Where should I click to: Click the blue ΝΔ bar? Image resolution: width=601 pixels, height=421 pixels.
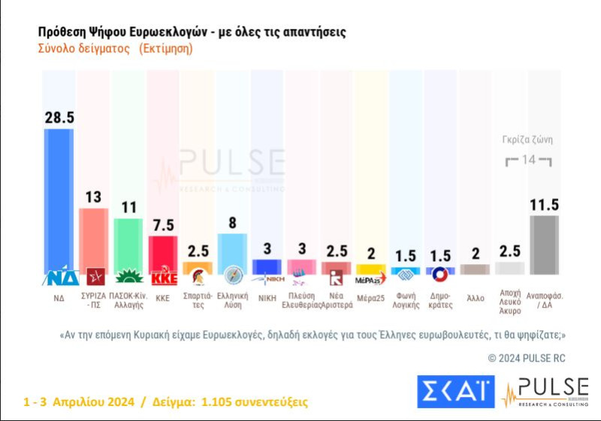point(59,199)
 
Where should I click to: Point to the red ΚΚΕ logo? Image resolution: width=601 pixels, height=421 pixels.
point(163,278)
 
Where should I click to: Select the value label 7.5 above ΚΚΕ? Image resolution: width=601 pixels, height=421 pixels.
point(163,224)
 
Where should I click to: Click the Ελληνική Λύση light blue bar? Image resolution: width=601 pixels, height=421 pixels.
point(232,251)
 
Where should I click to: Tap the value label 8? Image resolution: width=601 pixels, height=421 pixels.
point(232,222)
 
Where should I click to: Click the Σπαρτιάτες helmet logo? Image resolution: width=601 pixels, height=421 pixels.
point(198,278)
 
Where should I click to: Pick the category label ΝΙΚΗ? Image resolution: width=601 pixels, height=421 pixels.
point(267,297)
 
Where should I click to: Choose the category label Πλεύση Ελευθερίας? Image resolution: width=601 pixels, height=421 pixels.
point(301,301)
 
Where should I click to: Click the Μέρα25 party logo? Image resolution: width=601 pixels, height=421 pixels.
point(370,278)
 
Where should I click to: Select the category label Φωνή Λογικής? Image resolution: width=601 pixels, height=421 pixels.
point(406,301)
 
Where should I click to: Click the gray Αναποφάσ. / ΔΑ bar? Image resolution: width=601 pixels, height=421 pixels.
point(545,245)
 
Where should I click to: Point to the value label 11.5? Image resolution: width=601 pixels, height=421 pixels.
point(545,204)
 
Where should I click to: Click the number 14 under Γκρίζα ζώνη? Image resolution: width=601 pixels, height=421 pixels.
point(528,160)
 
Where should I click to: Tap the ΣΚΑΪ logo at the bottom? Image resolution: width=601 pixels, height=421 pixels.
point(455,392)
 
